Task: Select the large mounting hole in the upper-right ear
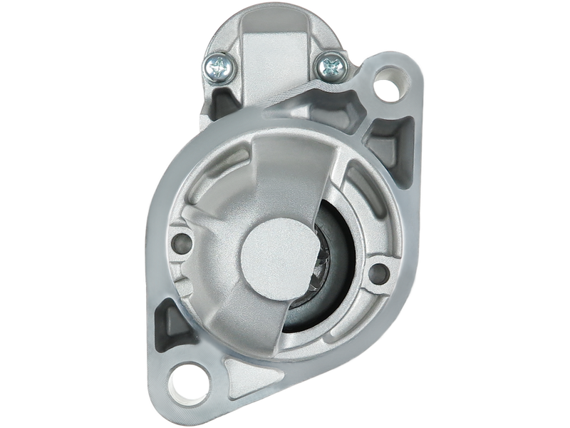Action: [x=385, y=90]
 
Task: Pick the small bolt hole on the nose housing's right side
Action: [x=378, y=272]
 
